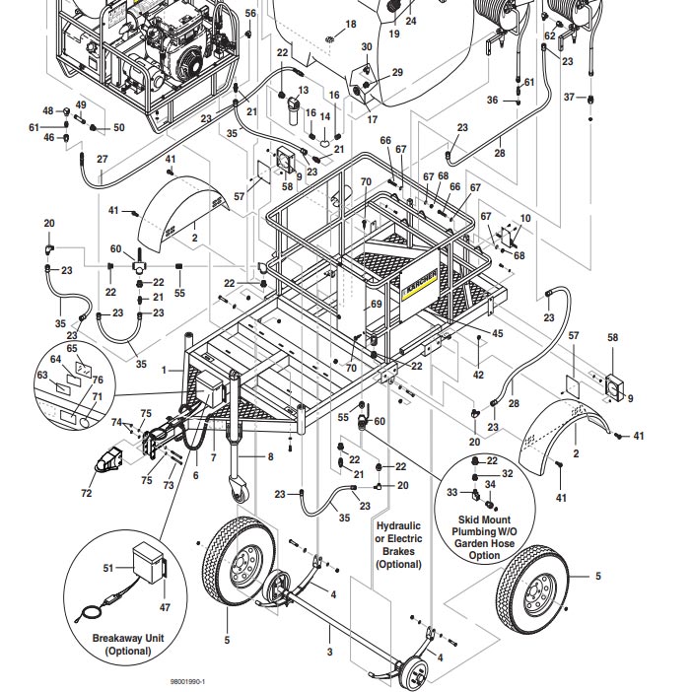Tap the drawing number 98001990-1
[x=187, y=680]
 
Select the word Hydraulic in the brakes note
[x=398, y=526]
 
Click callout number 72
[x=86, y=493]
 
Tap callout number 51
[x=107, y=568]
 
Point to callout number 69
[x=375, y=306]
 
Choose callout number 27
[x=102, y=159]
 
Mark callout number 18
[x=350, y=24]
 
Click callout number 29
[x=397, y=72]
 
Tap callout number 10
[x=525, y=218]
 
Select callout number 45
[x=497, y=333]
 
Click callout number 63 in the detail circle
[x=41, y=375]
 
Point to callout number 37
[x=568, y=97]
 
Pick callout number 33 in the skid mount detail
[x=451, y=492]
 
